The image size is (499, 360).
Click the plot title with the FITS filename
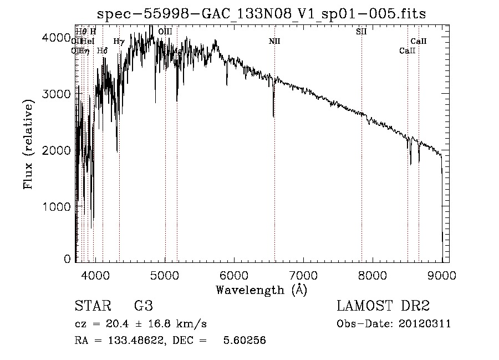261,13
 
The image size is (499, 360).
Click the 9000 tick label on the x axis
442,274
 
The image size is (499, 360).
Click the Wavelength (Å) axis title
261,290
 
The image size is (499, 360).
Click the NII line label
274,41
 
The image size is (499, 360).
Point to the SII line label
361,32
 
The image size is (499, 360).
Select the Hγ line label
119,41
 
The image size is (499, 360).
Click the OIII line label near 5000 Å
165,32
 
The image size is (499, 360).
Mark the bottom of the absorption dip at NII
273,116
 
